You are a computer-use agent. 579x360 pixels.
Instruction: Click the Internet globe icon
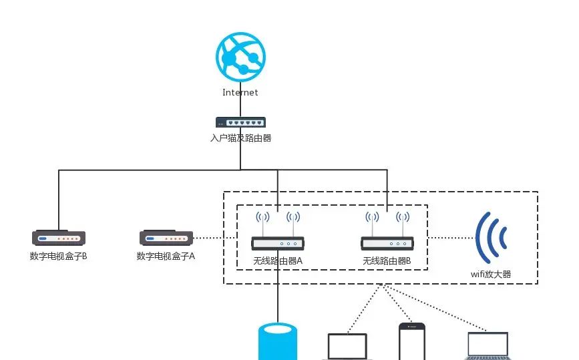[x=240, y=57]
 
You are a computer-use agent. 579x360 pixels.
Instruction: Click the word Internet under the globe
[x=240, y=93]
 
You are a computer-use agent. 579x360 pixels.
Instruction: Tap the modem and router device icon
[x=240, y=122]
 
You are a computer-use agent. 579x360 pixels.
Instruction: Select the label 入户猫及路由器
[x=240, y=138]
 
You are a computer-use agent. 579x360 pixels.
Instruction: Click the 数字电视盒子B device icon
[x=59, y=238]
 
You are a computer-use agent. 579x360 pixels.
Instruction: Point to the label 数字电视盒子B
[x=59, y=256]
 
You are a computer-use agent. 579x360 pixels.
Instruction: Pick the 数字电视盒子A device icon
[x=166, y=238]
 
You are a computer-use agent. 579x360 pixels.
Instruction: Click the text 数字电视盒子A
[x=166, y=256]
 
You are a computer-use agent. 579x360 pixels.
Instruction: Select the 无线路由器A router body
[x=278, y=244]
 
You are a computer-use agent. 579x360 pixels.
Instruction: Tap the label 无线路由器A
[x=278, y=260]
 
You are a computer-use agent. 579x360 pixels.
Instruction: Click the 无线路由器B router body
[x=387, y=244]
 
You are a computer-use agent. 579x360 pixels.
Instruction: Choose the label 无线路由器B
[x=387, y=260]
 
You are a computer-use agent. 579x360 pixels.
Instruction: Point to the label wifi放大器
[x=491, y=274]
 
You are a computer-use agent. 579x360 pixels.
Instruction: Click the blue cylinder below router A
[x=278, y=341]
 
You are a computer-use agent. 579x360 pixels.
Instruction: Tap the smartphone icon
[x=411, y=342]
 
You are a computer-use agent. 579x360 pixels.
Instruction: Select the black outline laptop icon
[x=347, y=347]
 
